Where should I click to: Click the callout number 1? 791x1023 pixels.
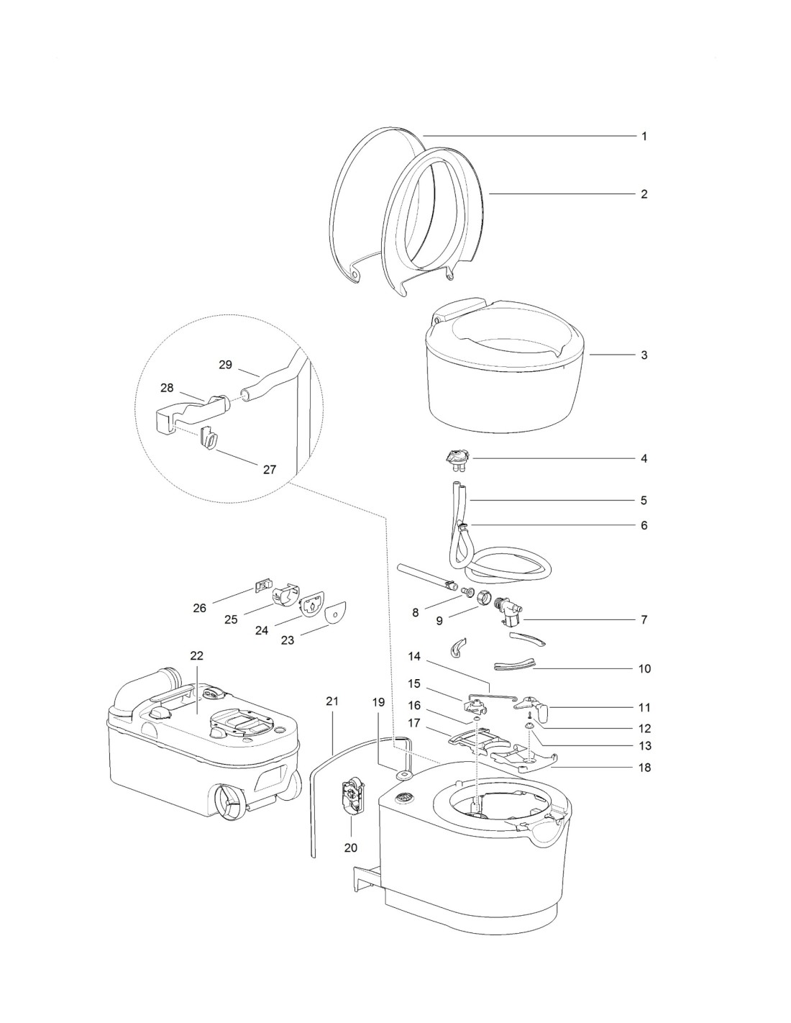tap(644, 136)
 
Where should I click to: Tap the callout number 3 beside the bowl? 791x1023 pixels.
tap(644, 355)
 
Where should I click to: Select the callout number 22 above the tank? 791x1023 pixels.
tap(197, 655)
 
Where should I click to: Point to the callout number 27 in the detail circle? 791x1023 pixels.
tap(269, 470)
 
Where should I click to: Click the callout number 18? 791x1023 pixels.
tap(644, 768)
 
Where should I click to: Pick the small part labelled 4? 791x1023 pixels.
tap(456, 457)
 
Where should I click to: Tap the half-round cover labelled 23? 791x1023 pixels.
tap(336, 614)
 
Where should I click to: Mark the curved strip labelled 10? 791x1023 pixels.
tap(516, 663)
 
